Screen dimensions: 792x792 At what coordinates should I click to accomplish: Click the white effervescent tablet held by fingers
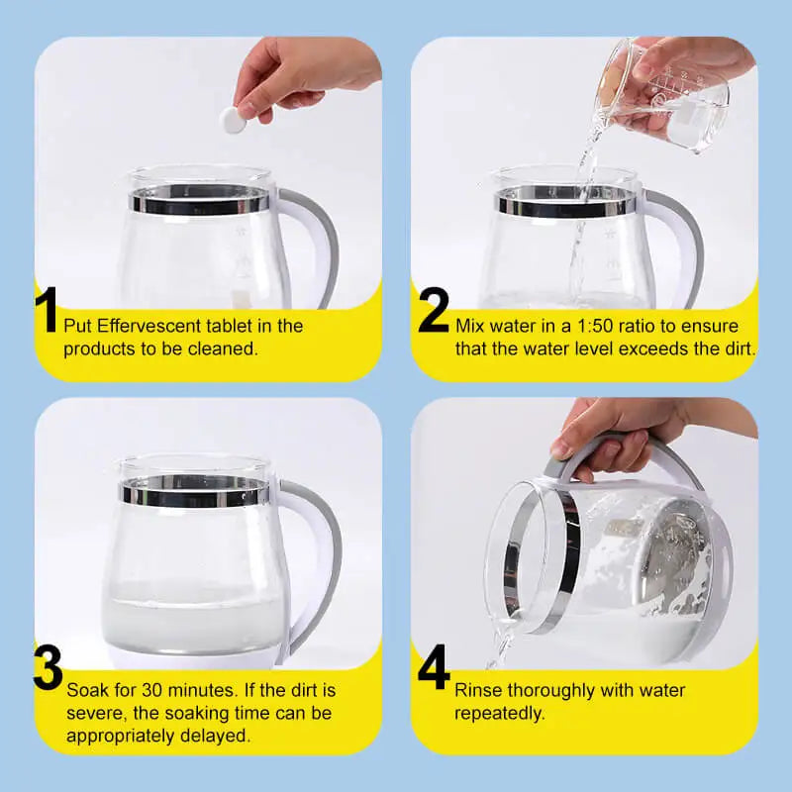pos(234,120)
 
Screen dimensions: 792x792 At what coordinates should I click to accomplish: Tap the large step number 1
pos(47,311)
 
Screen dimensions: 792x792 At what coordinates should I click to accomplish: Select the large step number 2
pos(433,311)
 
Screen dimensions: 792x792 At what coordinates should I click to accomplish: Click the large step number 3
pos(48,670)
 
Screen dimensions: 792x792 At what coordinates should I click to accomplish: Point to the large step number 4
pos(433,670)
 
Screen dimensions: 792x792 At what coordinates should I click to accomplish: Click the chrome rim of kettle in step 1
pos(198,201)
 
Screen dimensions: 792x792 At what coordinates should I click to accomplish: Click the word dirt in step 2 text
pos(738,348)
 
